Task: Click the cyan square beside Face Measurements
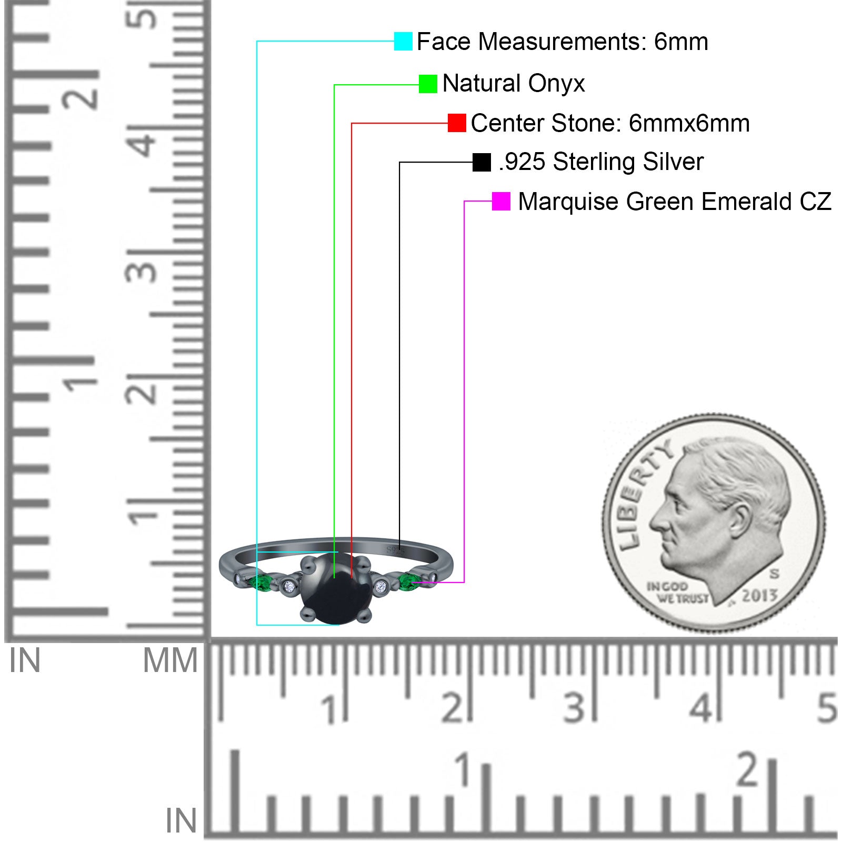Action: (x=403, y=41)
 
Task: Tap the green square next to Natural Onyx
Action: (x=428, y=84)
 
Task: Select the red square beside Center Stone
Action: (x=457, y=123)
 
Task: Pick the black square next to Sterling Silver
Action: (x=482, y=162)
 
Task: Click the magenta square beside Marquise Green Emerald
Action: (x=501, y=201)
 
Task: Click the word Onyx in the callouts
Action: (x=556, y=84)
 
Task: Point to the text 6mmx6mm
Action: (x=689, y=123)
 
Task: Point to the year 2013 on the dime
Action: (x=759, y=595)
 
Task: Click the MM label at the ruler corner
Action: (x=170, y=660)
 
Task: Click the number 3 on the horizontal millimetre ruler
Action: (x=575, y=708)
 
